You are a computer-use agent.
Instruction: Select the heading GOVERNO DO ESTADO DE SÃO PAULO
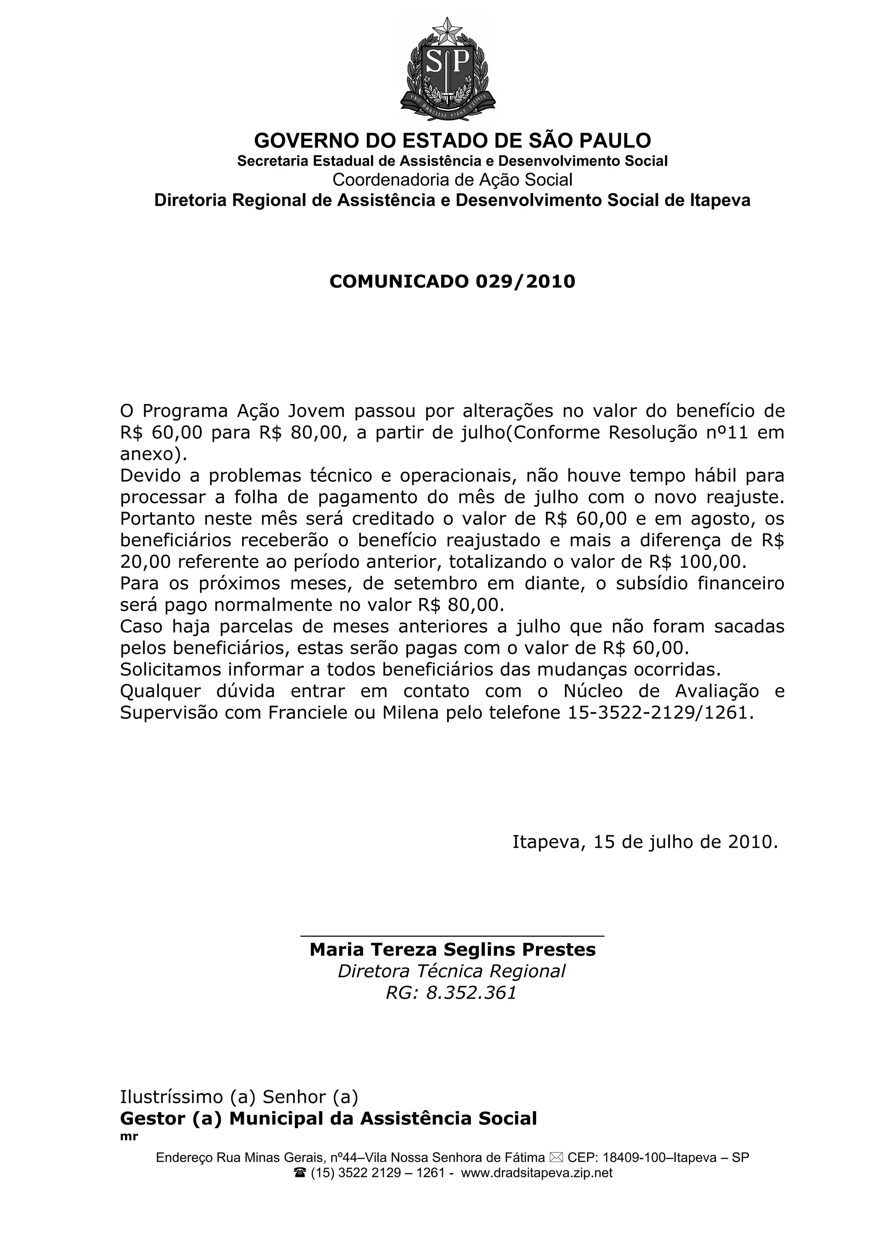point(452,141)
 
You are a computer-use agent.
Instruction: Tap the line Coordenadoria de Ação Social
point(452,180)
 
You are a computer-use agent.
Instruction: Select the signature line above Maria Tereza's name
point(452,935)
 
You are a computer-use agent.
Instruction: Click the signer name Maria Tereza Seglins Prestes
point(452,950)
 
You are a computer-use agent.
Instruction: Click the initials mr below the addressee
point(129,1136)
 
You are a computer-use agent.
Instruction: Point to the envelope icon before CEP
point(556,1158)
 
